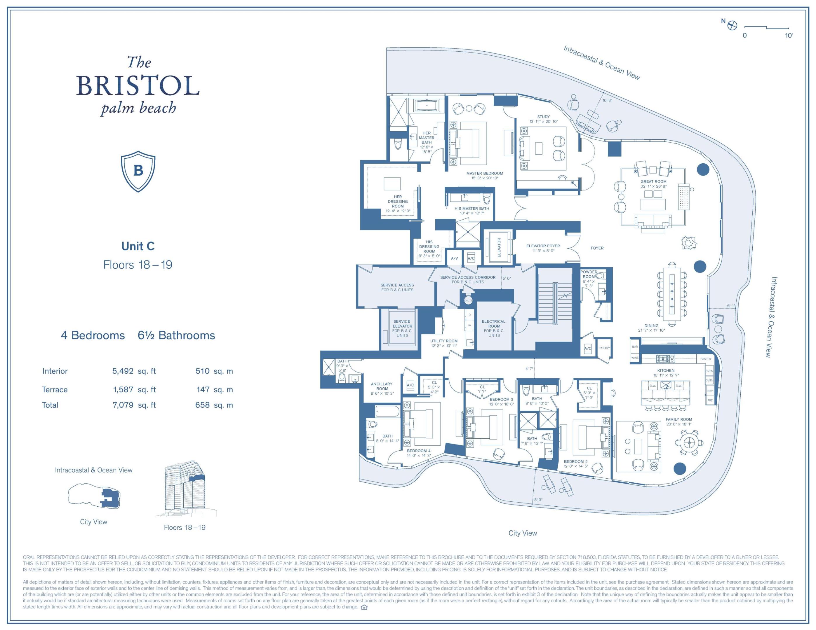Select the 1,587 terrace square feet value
point(123,390)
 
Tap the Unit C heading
point(138,246)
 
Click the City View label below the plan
point(522,533)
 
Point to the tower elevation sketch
point(185,489)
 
